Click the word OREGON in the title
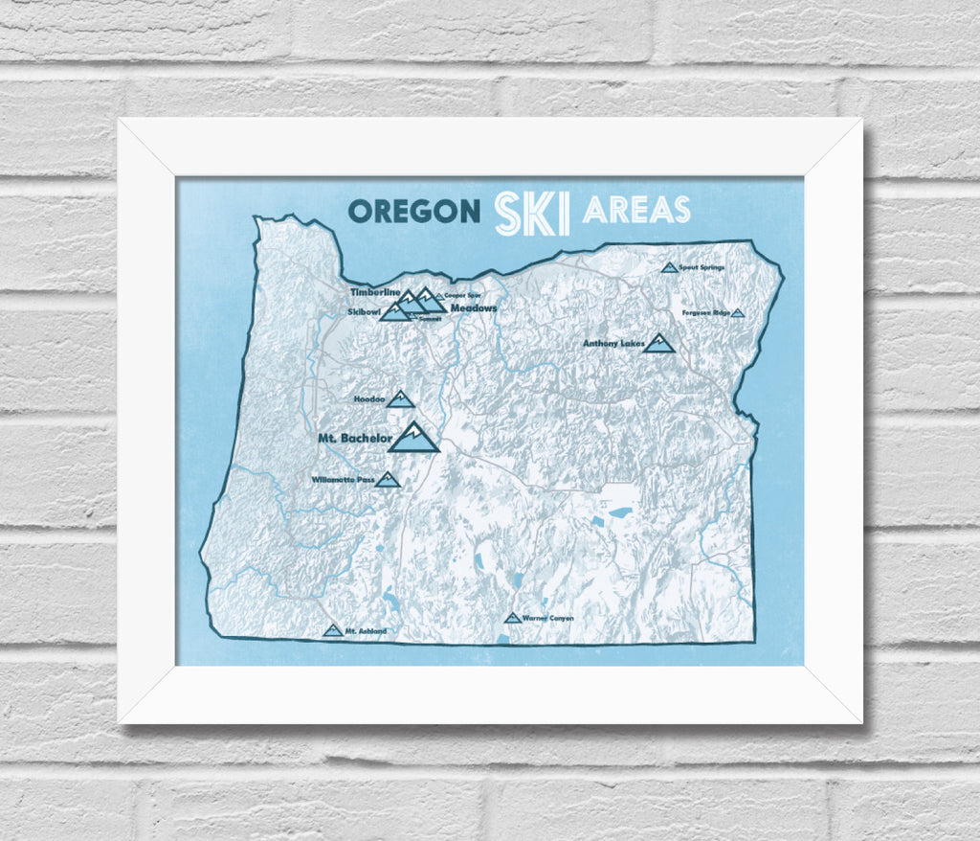tap(413, 211)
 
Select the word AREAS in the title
tap(635, 209)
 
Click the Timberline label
tap(374, 292)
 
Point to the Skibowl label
tap(364, 312)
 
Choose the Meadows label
tap(474, 308)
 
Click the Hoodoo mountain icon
tap(400, 399)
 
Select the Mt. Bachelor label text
tap(354, 439)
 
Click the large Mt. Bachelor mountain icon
tap(413, 438)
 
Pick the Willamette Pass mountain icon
tap(387, 479)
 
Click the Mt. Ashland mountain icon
tap(332, 630)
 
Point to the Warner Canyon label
tap(548, 619)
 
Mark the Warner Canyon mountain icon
tap(512, 618)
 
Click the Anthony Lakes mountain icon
tap(658, 343)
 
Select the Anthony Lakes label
tap(613, 343)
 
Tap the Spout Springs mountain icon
tap(669, 267)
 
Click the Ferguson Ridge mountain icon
tap(738, 313)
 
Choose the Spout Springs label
tap(702, 267)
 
